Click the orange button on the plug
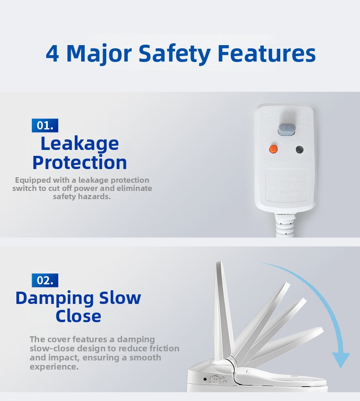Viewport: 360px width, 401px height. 273,149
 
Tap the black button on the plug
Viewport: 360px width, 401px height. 300,149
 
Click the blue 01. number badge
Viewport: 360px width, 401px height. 45,125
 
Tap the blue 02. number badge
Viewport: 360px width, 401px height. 45,280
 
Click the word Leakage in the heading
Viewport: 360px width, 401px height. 80,144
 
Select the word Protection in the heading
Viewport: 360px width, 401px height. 80,163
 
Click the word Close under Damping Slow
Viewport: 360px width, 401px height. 78,316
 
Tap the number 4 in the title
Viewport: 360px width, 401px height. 52,53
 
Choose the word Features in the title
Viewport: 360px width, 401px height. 267,53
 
